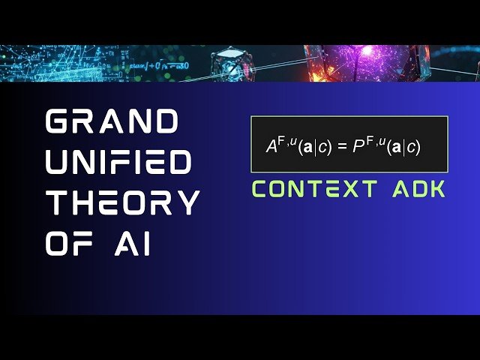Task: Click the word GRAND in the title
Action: click(x=112, y=121)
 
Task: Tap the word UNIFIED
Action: click(x=119, y=162)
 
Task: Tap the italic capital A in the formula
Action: click(x=271, y=146)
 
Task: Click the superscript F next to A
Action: click(x=282, y=138)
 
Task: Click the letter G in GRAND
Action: click(x=60, y=121)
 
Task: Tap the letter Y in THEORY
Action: click(x=187, y=202)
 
